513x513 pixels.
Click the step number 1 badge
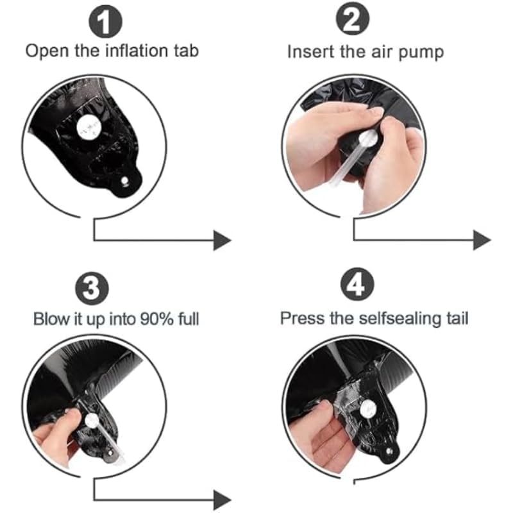point(105,22)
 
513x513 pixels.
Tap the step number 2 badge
point(353,19)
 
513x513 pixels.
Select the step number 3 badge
point(92,288)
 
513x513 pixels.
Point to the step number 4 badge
point(357,283)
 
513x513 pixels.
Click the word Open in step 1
point(47,52)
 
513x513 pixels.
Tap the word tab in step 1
point(186,51)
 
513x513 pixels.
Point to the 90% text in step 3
point(156,319)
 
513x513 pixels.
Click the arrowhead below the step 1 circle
point(222,240)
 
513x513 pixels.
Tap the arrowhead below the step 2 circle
point(482,240)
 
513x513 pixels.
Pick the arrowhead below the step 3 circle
point(222,500)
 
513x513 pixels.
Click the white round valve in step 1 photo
point(88,126)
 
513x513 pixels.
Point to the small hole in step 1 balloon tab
point(124,181)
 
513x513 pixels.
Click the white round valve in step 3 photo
point(92,421)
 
